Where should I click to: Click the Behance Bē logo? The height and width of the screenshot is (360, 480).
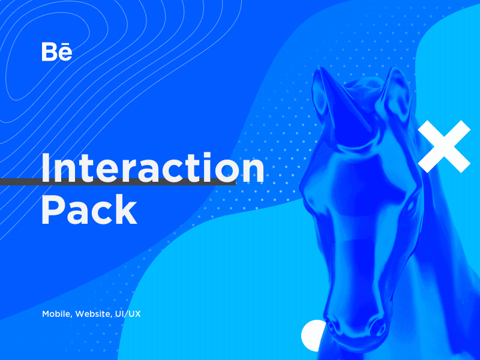(57, 52)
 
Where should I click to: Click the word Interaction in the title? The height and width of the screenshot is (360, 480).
(152, 169)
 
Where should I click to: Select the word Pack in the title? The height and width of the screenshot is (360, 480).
(89, 210)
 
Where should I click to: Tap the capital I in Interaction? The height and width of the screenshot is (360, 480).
(45, 169)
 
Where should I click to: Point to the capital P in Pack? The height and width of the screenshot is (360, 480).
(53, 210)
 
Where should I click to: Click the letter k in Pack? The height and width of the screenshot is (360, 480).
(126, 210)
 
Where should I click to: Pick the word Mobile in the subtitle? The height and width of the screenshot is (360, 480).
(56, 314)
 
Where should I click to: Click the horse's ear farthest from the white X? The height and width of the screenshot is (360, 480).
(324, 90)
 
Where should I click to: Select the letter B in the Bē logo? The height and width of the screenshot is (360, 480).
(49, 52)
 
